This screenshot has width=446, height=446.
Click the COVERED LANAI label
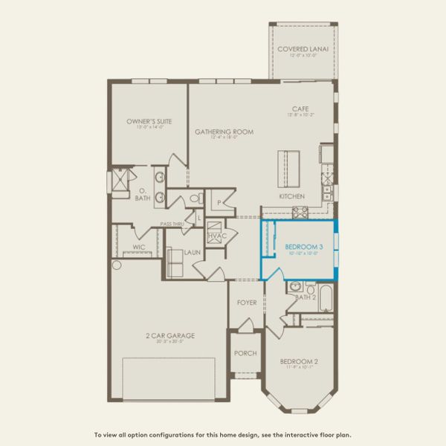[x=303, y=50]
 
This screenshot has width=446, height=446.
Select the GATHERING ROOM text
[x=224, y=132]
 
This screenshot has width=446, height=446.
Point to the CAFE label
[x=300, y=109]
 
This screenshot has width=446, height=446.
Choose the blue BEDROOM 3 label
[x=303, y=246]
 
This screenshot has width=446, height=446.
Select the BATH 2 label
[x=306, y=297]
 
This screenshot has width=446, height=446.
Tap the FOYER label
[x=247, y=303]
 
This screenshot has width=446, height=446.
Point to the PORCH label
[x=245, y=354]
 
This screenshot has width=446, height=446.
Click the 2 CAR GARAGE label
[x=171, y=336]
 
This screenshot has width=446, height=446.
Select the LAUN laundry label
[x=193, y=252]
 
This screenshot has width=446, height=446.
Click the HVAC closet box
[x=216, y=235]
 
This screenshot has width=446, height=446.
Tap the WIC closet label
[x=138, y=246]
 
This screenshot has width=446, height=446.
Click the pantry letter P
[x=219, y=201]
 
